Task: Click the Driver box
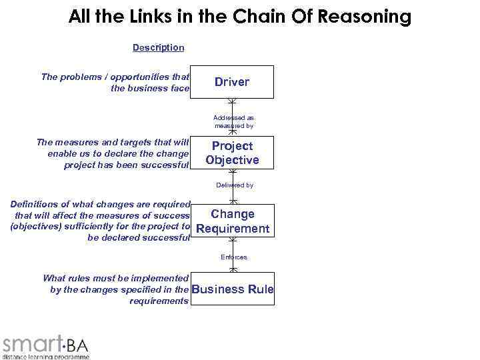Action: (232, 82)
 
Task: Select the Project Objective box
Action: (232, 153)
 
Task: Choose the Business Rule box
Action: (232, 289)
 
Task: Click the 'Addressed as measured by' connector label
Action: (233, 121)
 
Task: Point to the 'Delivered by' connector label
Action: (234, 185)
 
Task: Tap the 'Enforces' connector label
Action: (233, 257)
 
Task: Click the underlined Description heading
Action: (158, 47)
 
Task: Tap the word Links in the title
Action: (154, 16)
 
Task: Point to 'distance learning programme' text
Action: (45, 356)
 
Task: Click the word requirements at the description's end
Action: (159, 301)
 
